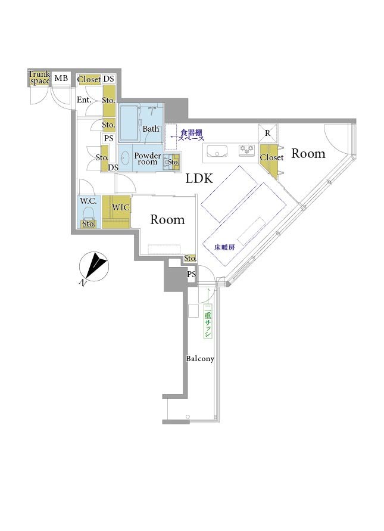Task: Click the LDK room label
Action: tap(199, 178)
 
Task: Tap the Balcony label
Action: tap(200, 359)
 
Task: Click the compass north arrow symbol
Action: tap(94, 266)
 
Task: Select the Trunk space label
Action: tap(39, 78)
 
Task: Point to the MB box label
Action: tap(61, 79)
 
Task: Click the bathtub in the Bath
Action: tap(129, 123)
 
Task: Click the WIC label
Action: tap(120, 207)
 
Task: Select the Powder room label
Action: tap(148, 159)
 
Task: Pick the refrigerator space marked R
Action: tap(268, 133)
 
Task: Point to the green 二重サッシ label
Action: tap(208, 321)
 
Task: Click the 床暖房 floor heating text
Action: tap(224, 247)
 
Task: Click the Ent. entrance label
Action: tap(84, 100)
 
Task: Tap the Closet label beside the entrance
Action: tap(89, 80)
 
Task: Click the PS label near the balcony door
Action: tap(192, 274)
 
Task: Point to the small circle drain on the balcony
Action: tap(188, 417)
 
